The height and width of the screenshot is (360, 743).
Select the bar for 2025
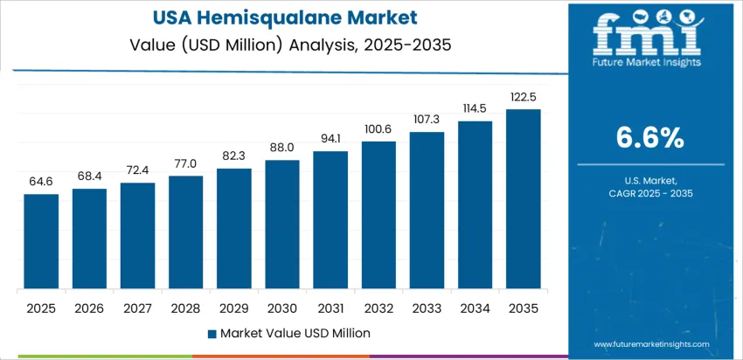click(41, 242)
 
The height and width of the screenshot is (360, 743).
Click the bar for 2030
click(282, 225)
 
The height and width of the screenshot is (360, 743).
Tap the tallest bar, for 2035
click(524, 199)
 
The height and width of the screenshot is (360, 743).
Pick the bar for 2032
click(378, 215)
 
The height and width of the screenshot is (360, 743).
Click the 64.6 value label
click(41, 182)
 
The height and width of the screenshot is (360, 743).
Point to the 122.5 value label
click(524, 97)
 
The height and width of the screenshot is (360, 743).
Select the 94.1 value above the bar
click(330, 139)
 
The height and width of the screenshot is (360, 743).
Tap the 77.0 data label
click(186, 163)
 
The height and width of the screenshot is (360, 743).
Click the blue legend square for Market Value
click(212, 333)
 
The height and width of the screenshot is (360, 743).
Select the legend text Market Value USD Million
click(295, 333)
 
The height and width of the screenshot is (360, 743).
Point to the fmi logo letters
click(647, 32)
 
